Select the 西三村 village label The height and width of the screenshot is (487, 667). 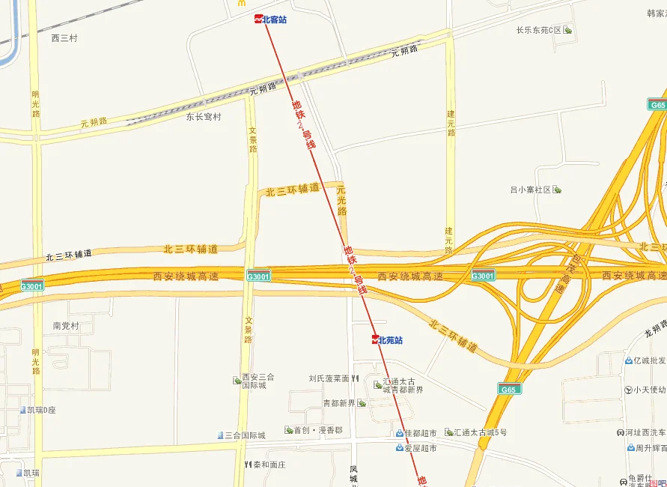[x=64, y=38]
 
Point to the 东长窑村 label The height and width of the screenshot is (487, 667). [x=204, y=117]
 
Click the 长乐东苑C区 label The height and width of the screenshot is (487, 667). [x=539, y=31]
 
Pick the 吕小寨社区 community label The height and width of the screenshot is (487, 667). [x=531, y=190]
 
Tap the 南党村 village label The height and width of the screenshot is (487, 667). [x=66, y=326]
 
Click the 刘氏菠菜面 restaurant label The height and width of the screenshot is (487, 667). [x=329, y=379]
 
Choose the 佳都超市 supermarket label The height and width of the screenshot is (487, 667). [x=420, y=433]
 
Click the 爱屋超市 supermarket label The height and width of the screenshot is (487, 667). [x=420, y=448]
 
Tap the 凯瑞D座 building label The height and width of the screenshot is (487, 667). [x=42, y=410]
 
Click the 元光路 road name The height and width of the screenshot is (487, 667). [x=342, y=200]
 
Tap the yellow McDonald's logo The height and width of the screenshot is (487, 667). [x=242, y=4]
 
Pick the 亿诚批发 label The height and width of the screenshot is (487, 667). [x=648, y=360]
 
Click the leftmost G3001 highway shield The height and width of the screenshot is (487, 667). [x=31, y=285]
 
